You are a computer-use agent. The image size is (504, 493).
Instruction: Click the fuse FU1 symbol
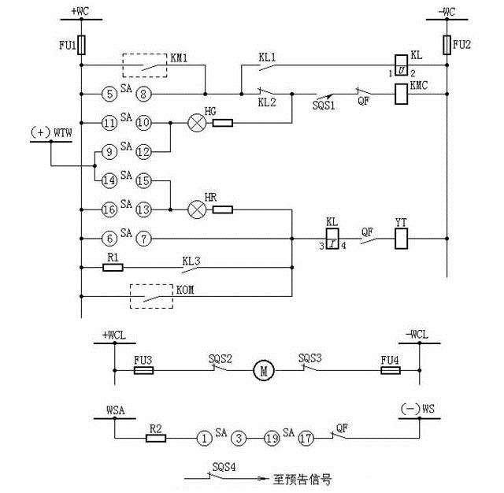click(81, 44)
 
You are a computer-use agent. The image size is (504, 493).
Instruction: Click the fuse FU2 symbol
click(447, 43)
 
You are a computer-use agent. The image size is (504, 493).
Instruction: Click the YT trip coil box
click(400, 238)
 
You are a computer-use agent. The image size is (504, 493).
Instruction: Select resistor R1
click(113, 268)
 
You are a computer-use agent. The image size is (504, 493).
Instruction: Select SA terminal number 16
click(109, 209)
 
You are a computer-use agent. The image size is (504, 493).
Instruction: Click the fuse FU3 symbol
click(143, 369)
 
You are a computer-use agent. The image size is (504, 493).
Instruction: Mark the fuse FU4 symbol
click(390, 369)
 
